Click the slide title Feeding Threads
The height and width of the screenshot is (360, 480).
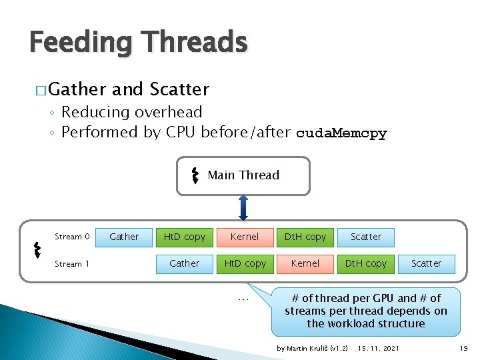[139, 43]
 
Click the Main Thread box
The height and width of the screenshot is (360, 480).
[243, 175]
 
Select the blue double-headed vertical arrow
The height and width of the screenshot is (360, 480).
[243, 207]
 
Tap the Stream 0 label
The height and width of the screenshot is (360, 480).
[72, 237]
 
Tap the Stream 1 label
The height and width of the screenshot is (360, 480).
[72, 264]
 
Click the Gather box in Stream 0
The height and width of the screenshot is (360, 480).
[124, 237]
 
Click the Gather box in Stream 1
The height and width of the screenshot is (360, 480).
[185, 263]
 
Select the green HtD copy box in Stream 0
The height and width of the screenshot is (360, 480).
[185, 237]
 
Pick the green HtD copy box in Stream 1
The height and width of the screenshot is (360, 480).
[245, 263]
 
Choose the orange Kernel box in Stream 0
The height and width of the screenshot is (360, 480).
[245, 237]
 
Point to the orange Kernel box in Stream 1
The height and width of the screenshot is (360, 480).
[305, 263]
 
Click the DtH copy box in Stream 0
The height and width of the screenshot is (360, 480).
[305, 237]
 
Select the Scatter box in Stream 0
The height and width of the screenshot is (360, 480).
[366, 237]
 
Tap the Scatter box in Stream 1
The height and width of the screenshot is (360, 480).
[426, 263]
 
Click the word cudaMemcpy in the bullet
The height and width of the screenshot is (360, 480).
[341, 133]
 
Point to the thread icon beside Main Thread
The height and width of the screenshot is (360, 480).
[195, 175]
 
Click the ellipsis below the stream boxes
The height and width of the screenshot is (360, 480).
[243, 299]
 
